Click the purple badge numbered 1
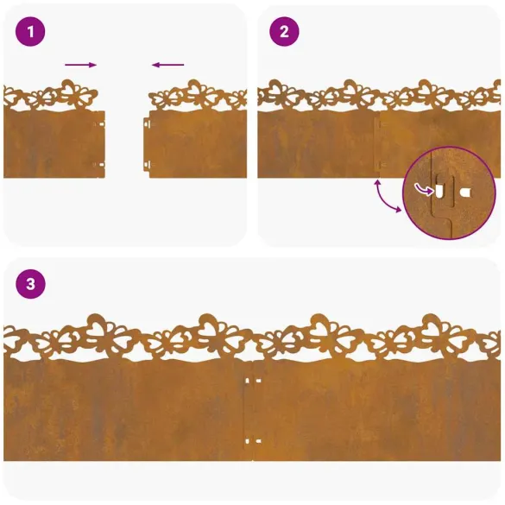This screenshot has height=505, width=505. pos(31,34)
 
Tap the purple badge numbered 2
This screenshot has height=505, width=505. pos(285,34)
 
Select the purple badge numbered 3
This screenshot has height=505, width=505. pos(31,283)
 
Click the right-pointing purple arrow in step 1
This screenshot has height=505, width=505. pos(80,65)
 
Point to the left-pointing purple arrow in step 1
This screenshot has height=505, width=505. pos(168,65)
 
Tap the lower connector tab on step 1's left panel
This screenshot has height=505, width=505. pos(100,164)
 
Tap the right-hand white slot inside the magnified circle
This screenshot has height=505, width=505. pos(466,191)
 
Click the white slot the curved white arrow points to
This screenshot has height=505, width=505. pos(439,190)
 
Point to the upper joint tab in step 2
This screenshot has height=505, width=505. pos(377,123)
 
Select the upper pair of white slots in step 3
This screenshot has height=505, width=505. pos(252,381)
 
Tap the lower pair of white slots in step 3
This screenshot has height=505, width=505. pos(252,441)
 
